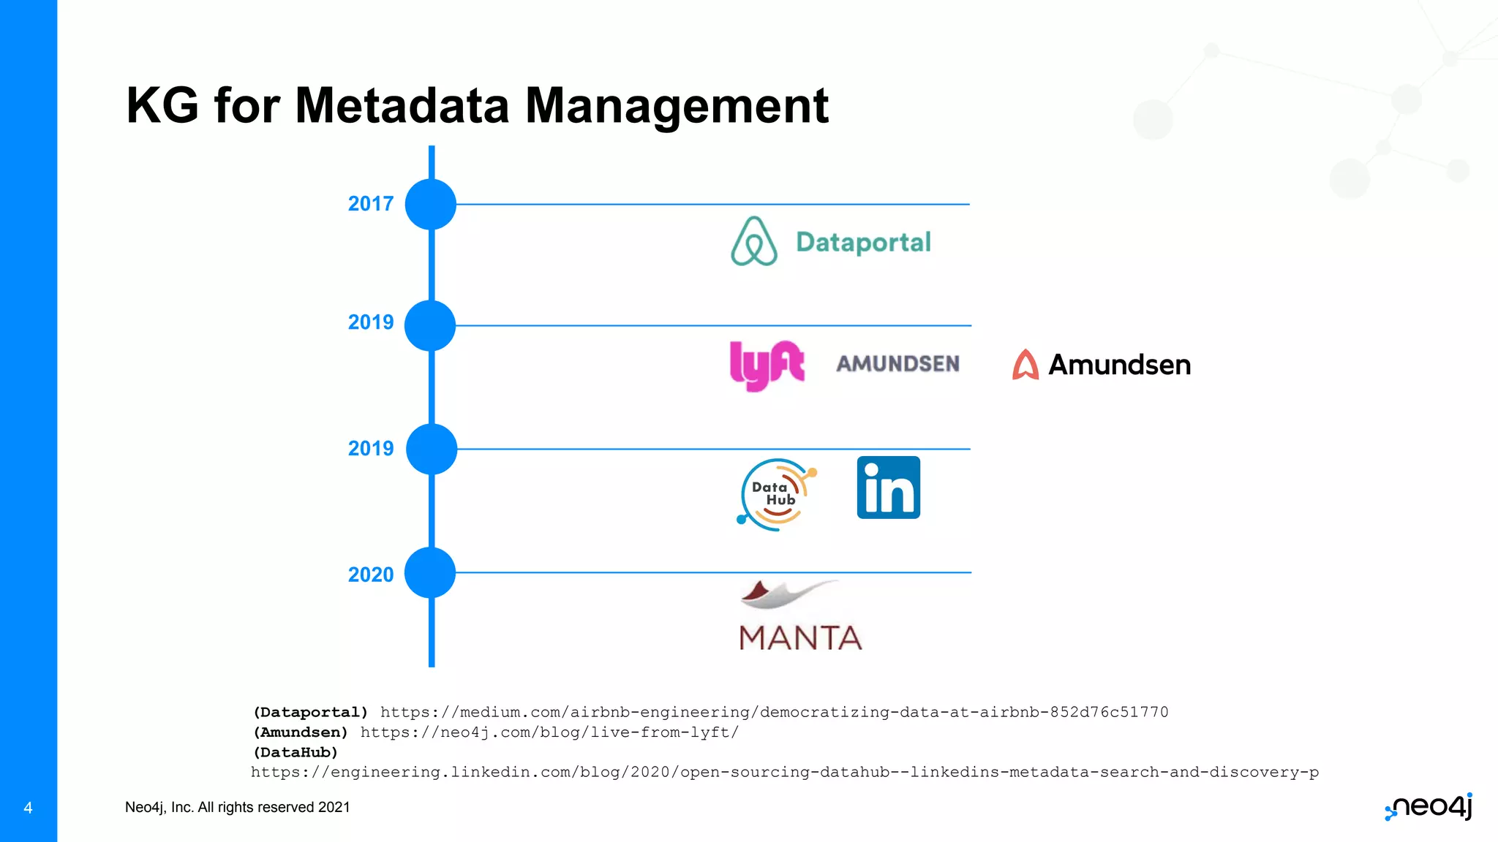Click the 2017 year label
(370, 204)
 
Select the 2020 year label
(370, 574)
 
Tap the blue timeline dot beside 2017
(431, 204)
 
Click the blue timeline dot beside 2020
(431, 573)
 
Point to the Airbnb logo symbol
(753, 242)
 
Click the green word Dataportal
(863, 242)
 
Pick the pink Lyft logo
(767, 365)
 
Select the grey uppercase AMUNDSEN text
(897, 363)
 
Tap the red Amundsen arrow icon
(1025, 365)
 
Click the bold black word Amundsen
(1119, 365)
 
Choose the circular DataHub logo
(776, 494)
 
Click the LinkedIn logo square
(888, 488)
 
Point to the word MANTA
(800, 638)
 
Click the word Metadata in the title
(402, 105)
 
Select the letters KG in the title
(162, 105)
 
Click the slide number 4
(28, 808)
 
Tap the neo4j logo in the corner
(1429, 807)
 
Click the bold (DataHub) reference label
(296, 752)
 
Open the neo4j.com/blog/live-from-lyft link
(549, 732)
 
